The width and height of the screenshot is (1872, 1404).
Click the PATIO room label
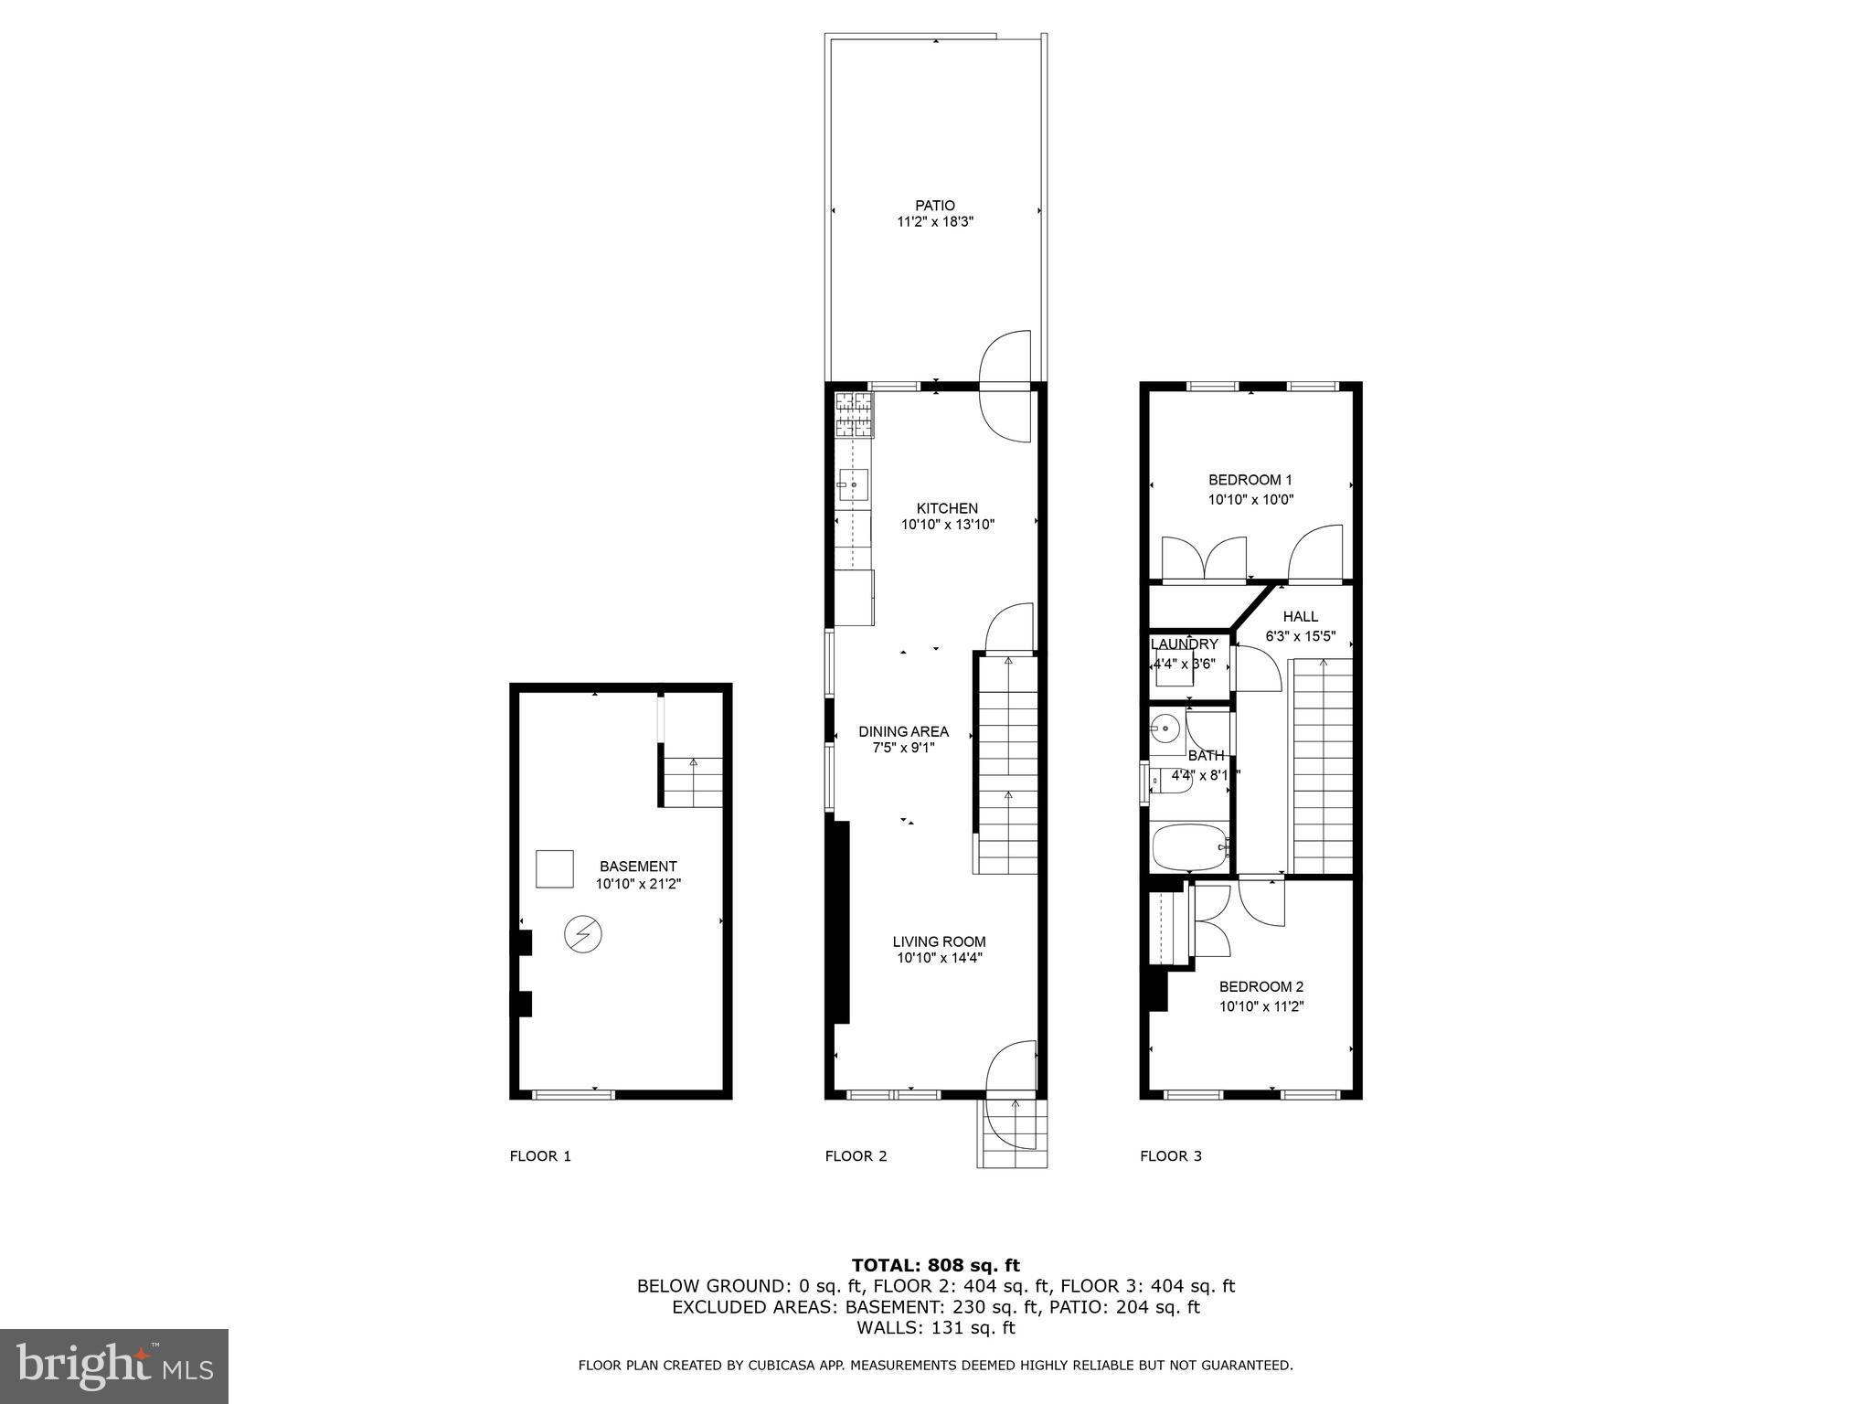coord(934,206)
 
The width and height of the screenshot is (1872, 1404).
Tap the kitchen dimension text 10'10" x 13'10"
coord(947,525)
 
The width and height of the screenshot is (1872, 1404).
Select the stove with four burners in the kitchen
coord(854,414)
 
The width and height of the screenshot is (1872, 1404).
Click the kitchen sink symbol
coord(853,485)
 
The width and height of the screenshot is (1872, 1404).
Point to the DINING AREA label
coord(903,731)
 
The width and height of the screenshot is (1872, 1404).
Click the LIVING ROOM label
coord(939,941)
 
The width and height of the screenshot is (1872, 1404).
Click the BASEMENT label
coord(638,866)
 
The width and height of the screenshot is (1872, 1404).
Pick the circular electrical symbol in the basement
coord(582,934)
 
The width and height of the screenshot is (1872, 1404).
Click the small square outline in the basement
coord(554,868)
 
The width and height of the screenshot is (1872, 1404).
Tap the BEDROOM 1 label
coord(1250,480)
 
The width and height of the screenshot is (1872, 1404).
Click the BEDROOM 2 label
coord(1260,986)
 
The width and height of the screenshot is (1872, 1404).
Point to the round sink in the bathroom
coord(1165,729)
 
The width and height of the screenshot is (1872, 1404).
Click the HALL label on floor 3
coord(1300,616)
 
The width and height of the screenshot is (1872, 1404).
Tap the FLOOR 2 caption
coord(856,1155)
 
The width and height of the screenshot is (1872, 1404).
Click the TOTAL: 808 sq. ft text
coord(935,1265)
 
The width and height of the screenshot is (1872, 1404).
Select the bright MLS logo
coord(114,1366)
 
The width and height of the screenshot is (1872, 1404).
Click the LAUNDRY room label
coord(1184,643)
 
